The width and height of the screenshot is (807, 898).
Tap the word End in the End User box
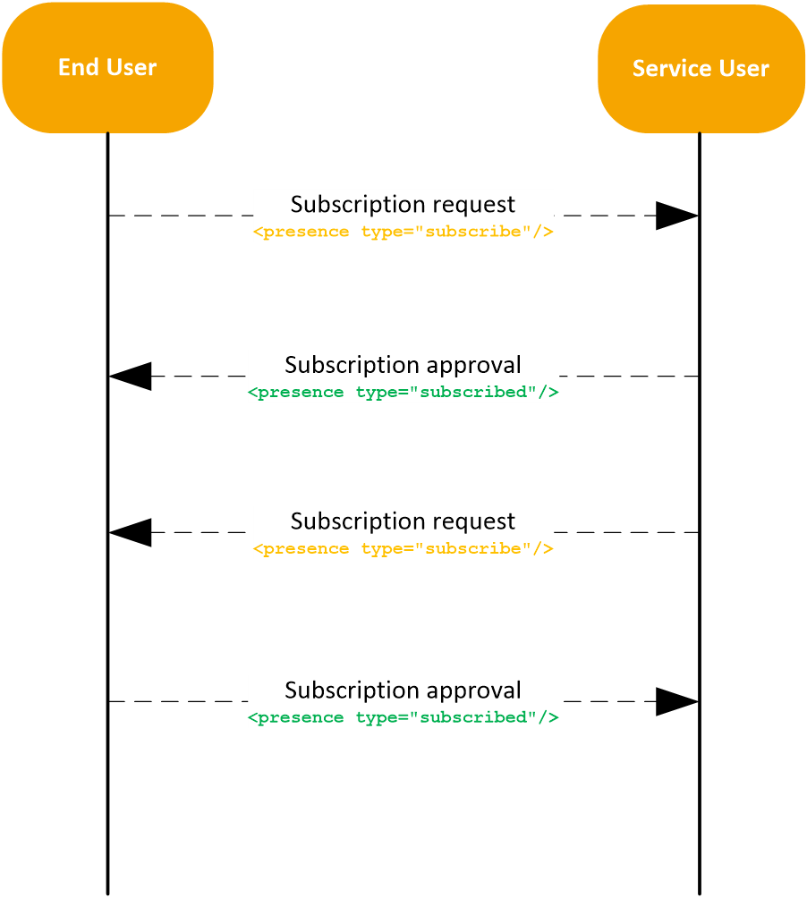pos(74,67)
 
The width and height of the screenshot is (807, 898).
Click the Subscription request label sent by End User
pos(403,204)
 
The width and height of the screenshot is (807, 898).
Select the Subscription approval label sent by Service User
pos(403,365)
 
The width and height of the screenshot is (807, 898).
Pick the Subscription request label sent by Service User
pos(403,521)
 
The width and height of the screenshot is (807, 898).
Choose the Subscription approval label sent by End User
pos(403,690)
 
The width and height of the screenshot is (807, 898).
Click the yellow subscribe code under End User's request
pos(403,232)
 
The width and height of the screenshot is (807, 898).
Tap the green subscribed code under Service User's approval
pos(403,393)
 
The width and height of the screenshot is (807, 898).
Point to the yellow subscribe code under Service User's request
pos(403,548)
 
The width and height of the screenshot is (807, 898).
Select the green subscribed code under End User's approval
pos(403,717)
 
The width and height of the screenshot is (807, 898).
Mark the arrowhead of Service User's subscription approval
pos(131,377)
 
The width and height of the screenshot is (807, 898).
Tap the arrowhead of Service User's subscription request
pos(131,532)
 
